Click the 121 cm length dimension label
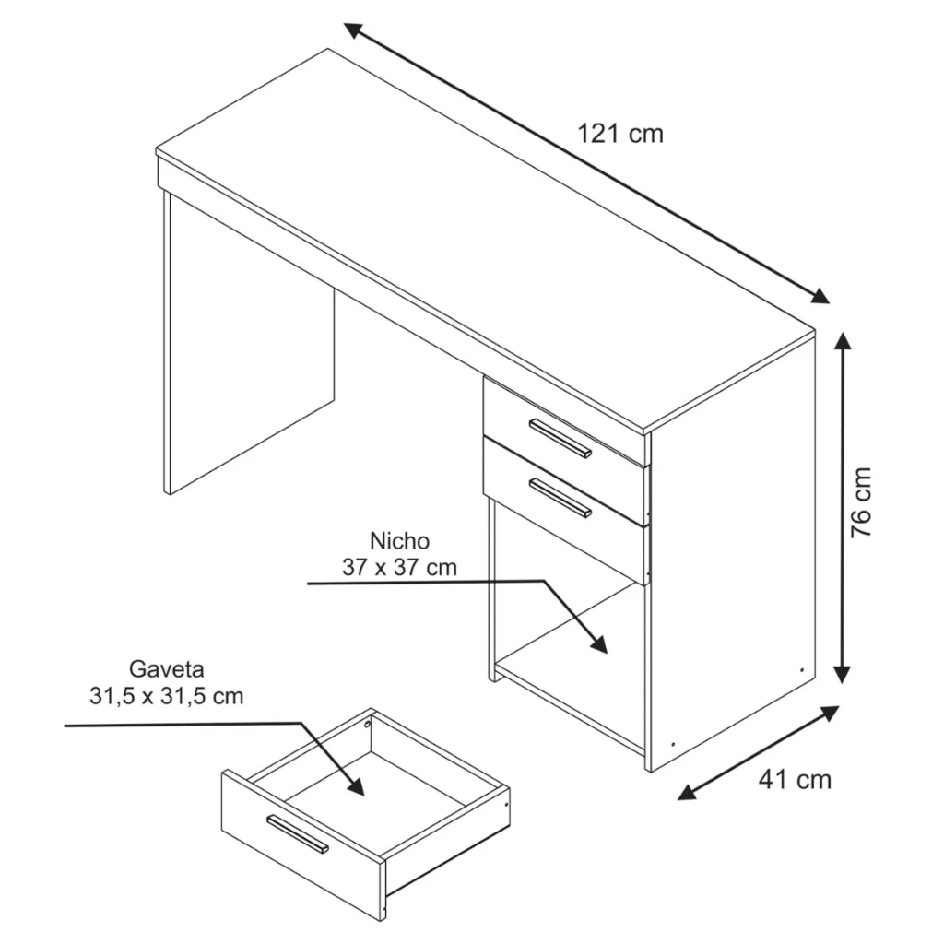point(620,134)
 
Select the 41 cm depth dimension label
point(795,780)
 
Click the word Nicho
point(399,540)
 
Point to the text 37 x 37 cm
point(399,567)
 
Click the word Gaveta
point(166,668)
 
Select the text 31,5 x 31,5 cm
point(167,696)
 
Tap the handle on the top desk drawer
point(560,437)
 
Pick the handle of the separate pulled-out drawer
point(297,833)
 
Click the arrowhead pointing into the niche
point(599,643)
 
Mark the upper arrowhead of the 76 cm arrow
point(843,343)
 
